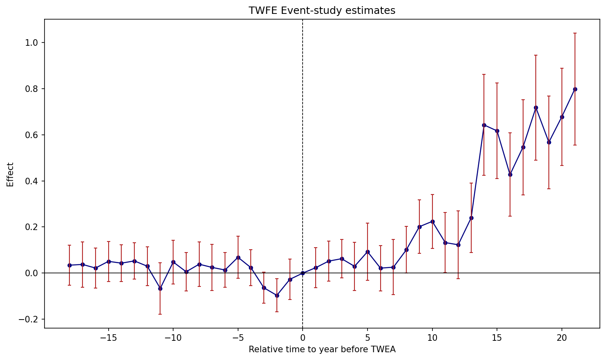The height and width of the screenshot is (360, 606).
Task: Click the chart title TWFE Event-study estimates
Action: (322, 11)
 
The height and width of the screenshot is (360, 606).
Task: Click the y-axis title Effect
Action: (10, 174)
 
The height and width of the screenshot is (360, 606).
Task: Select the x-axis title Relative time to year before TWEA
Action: (322, 349)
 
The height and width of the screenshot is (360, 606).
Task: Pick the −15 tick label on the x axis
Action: (108, 338)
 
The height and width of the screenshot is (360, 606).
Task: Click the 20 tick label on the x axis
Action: (562, 338)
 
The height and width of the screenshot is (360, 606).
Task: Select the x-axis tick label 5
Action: (368, 338)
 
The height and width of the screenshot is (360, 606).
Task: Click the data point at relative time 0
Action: (303, 273)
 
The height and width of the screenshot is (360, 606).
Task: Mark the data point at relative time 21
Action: (575, 89)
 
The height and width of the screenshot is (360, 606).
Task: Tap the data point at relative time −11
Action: (160, 288)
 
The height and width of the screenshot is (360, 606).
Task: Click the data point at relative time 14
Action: (484, 125)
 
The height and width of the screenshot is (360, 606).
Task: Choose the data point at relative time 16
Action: (510, 174)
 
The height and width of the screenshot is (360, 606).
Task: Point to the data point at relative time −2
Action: (277, 295)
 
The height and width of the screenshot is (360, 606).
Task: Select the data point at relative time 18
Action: (536, 107)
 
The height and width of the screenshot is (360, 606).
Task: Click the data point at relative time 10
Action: (432, 221)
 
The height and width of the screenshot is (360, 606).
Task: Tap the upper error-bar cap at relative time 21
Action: (575, 33)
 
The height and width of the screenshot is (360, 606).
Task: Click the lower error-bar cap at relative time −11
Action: (160, 314)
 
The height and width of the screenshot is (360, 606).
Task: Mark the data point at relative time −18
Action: (69, 265)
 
